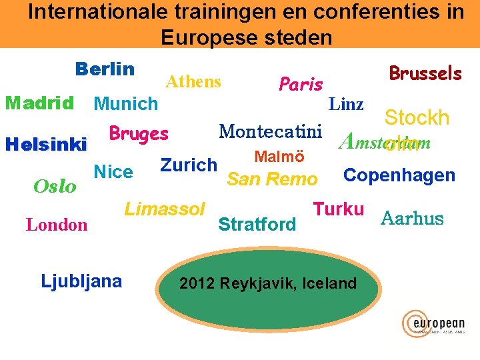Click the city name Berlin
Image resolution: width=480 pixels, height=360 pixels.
click(105, 69)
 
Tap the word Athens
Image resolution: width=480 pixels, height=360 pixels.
click(193, 81)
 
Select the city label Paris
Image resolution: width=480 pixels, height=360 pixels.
click(301, 84)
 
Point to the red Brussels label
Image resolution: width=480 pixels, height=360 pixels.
click(425, 73)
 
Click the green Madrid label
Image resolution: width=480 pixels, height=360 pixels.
click(39, 103)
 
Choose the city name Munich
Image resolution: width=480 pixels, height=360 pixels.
click(126, 104)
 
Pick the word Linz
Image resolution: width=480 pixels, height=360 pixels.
click(347, 104)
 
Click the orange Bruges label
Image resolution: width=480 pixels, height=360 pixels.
click(139, 133)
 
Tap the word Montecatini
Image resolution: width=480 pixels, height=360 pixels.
click(271, 131)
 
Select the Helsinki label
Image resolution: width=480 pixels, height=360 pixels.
click(46, 144)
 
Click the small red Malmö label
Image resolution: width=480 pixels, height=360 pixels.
click(280, 157)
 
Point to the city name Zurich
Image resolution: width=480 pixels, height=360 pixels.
click(189, 165)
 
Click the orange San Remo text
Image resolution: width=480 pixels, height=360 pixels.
click(272, 179)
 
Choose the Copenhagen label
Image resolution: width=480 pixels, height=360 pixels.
click(399, 175)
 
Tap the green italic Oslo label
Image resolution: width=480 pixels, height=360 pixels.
click(55, 186)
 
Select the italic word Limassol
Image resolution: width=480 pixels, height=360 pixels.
click(165, 209)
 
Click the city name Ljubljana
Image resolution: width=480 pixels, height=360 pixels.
click(81, 281)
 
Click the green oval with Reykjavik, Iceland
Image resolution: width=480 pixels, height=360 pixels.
click(268, 283)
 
